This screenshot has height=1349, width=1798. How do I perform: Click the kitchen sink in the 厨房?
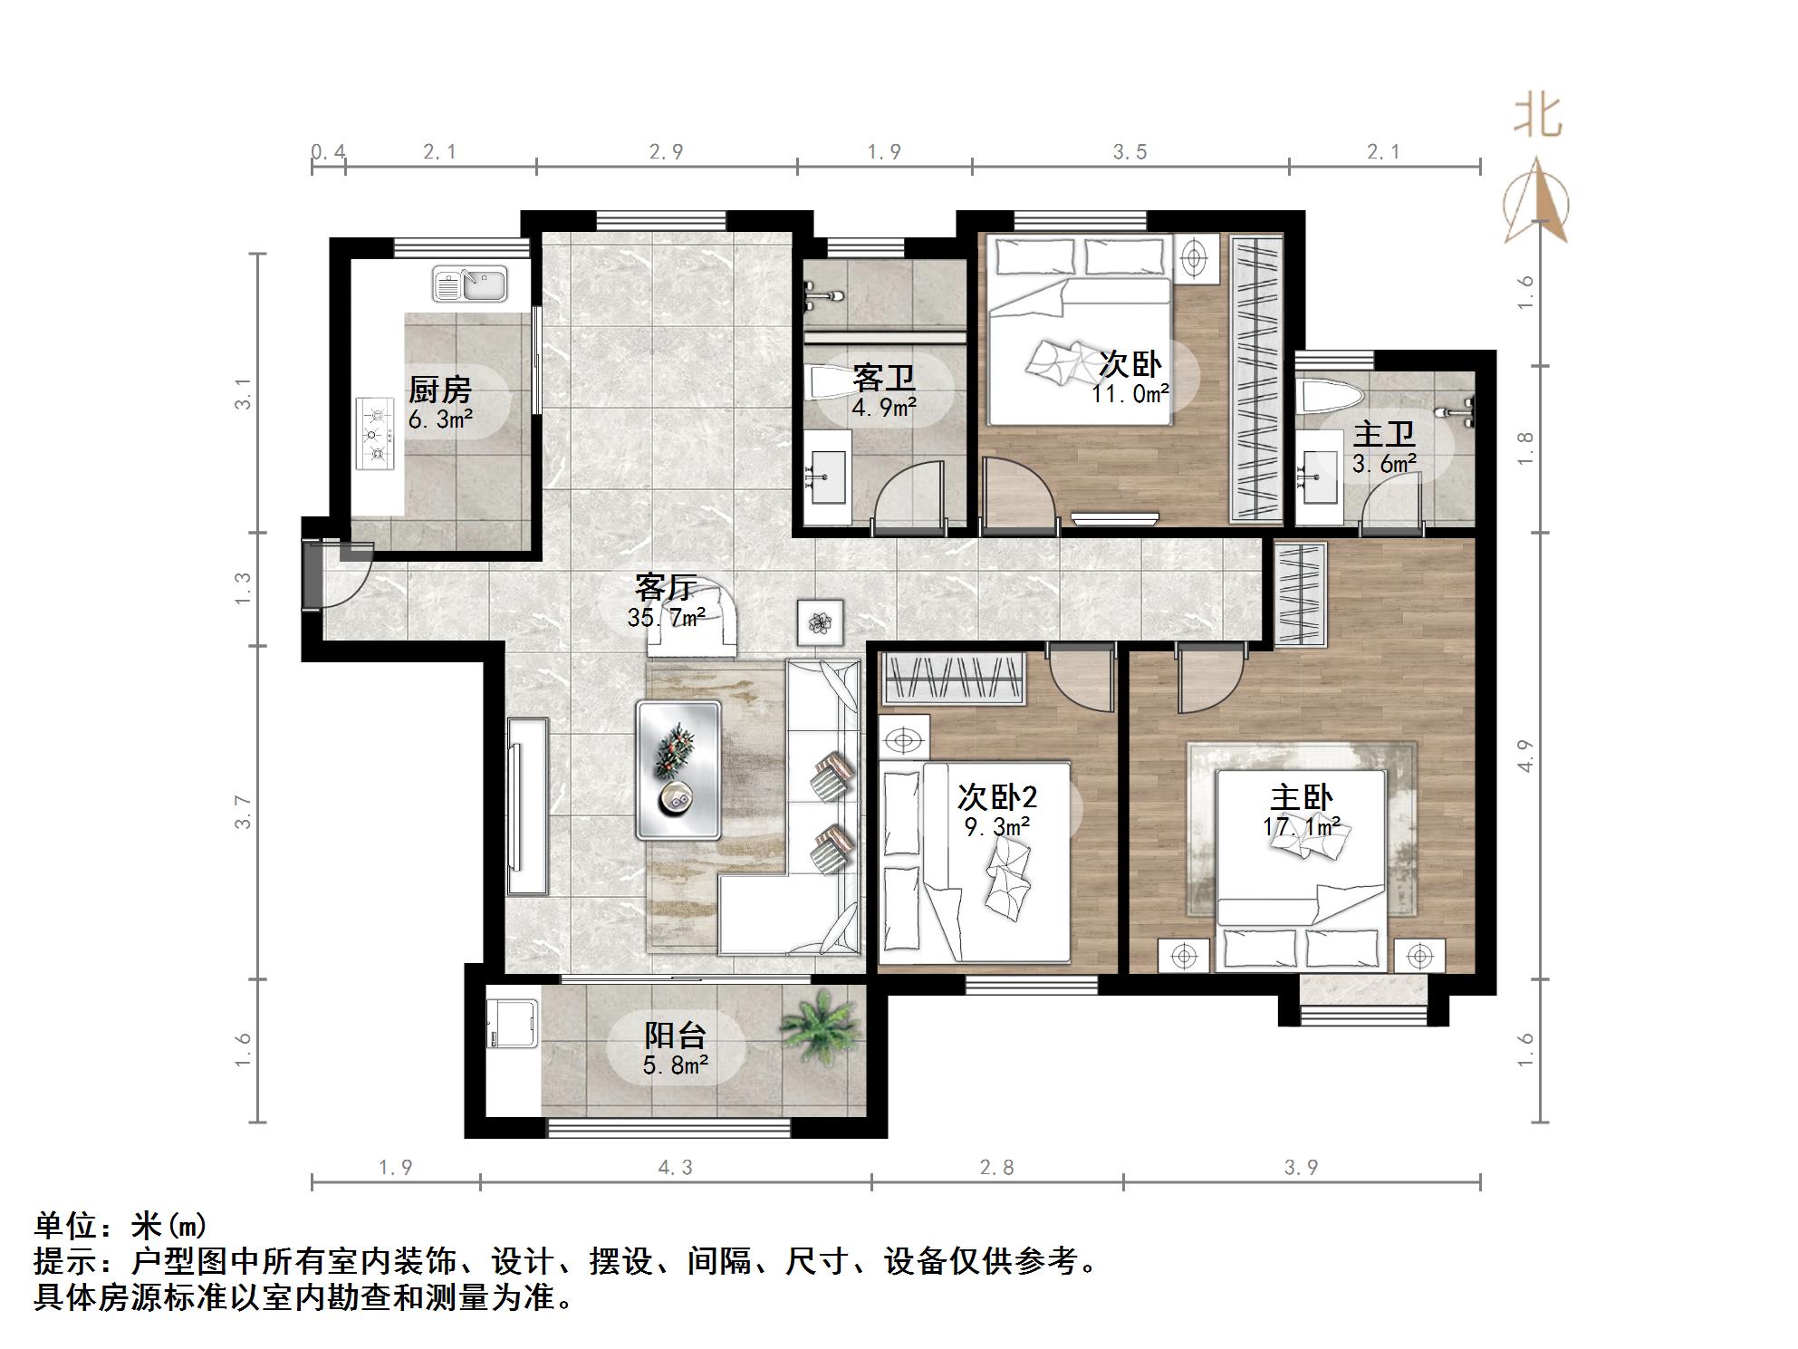pyautogui.click(x=469, y=284)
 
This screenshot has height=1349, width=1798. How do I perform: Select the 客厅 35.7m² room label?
pyautogui.click(x=667, y=602)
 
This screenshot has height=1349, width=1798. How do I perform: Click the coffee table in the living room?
pyautogui.click(x=678, y=769)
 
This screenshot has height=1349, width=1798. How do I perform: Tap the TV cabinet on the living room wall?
pyautogui.click(x=527, y=806)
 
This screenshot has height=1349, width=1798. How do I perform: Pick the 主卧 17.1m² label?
pyautogui.click(x=1302, y=810)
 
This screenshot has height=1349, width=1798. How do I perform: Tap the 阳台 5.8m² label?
pyautogui.click(x=675, y=1048)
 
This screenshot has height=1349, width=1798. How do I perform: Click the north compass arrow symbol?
pyautogui.click(x=1536, y=201)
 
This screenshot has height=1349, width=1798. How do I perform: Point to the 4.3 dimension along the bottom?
pyautogui.click(x=675, y=1168)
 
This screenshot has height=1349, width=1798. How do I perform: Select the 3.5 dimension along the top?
pyautogui.click(x=1130, y=152)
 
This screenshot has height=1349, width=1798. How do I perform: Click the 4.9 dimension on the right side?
pyautogui.click(x=1526, y=756)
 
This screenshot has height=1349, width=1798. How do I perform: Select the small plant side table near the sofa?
pyautogui.click(x=820, y=622)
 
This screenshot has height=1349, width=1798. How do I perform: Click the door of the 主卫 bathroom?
pyautogui.click(x=1393, y=502)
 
